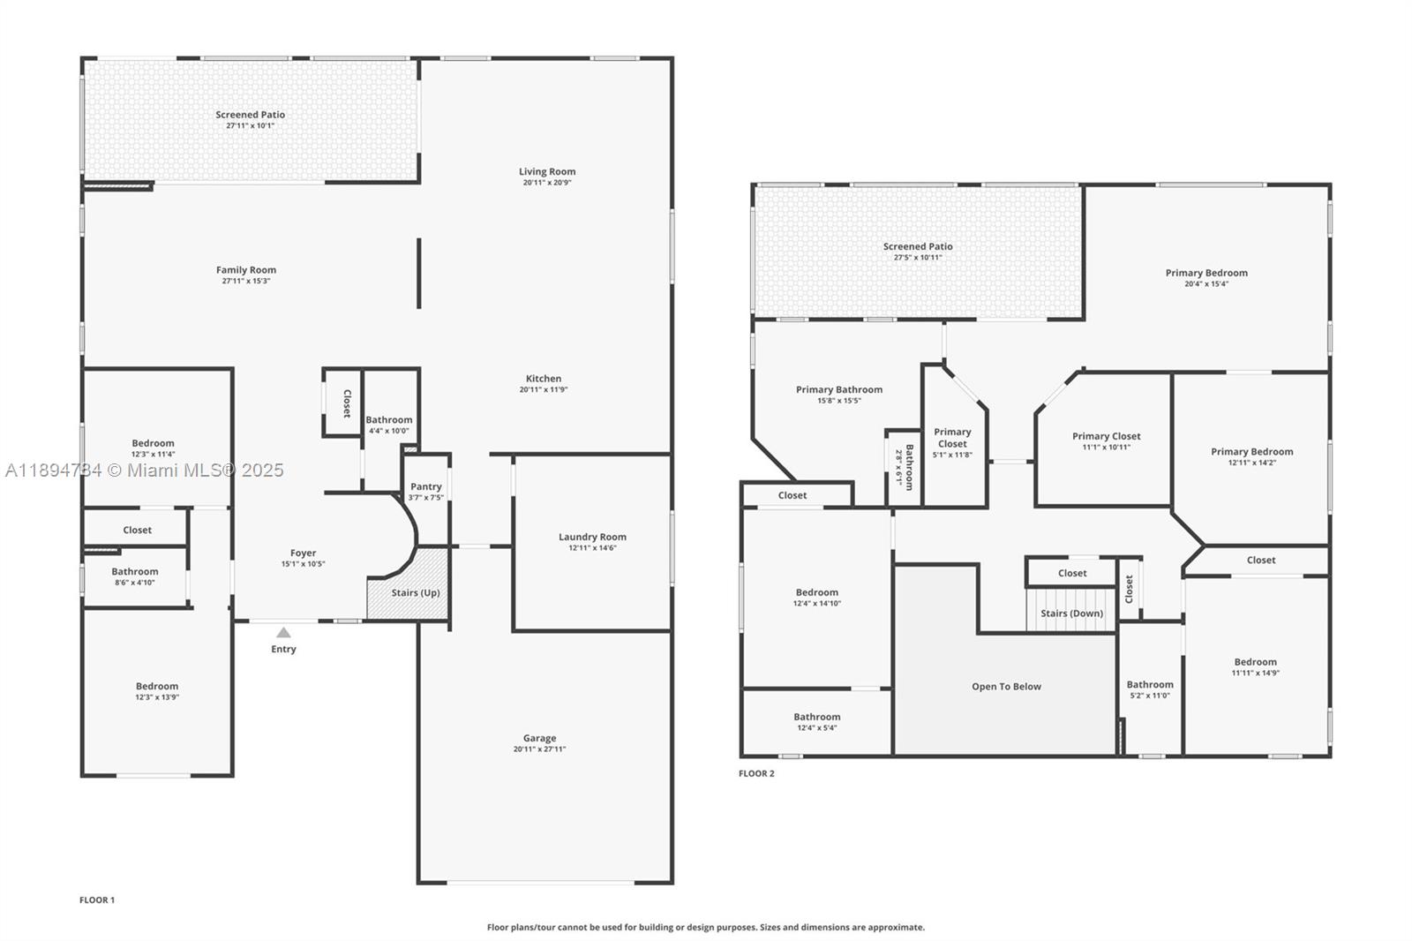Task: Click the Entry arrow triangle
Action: pos(283,632)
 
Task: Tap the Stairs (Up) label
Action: pos(416,592)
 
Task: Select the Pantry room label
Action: pos(426,486)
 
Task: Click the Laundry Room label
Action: pos(592,537)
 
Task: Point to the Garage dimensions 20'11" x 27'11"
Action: pos(539,749)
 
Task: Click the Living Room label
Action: pos(547,171)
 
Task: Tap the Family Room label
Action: pos(246,270)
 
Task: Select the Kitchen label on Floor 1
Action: pos(544,379)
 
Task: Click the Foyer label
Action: pos(303,553)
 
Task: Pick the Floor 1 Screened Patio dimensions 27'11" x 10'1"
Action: pos(250,125)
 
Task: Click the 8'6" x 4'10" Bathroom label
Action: pos(135,572)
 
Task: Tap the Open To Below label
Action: pos(1006,687)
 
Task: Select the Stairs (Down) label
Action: pos(1071,614)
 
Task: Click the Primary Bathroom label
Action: pos(838,389)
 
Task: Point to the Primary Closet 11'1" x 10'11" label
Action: pos(1106,436)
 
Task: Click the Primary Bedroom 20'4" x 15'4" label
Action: pos(1206,273)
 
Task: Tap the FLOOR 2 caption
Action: pos(756,773)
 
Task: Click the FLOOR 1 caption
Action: pos(97,900)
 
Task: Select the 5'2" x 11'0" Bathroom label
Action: pos(1150,685)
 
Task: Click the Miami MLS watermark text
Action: pos(145,470)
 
